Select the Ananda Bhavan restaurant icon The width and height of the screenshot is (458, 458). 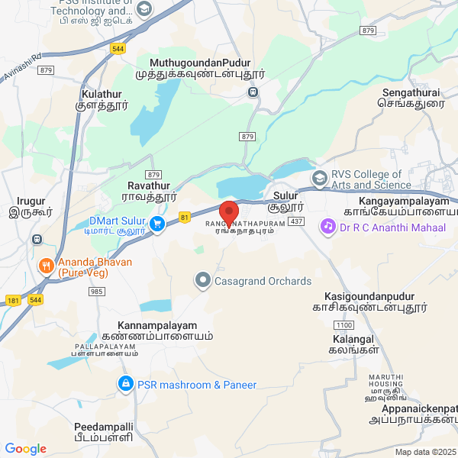[45, 266]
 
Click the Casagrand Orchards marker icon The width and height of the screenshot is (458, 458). [202, 281]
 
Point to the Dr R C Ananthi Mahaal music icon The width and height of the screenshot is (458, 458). [327, 226]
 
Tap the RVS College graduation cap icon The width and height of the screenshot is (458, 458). [319, 179]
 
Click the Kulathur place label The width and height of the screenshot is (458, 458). [101, 94]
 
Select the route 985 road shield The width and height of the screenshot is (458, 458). [97, 292]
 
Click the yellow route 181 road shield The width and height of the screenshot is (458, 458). [12, 300]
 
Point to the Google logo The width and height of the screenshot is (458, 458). [25, 449]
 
